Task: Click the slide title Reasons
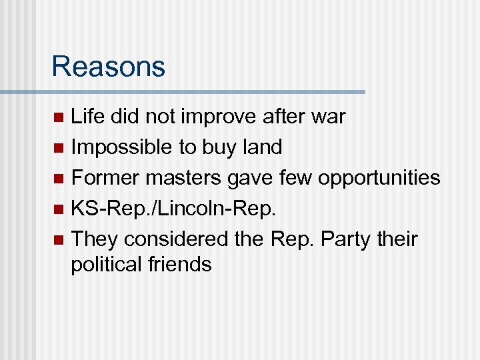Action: tap(108, 67)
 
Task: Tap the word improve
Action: tap(214, 117)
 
